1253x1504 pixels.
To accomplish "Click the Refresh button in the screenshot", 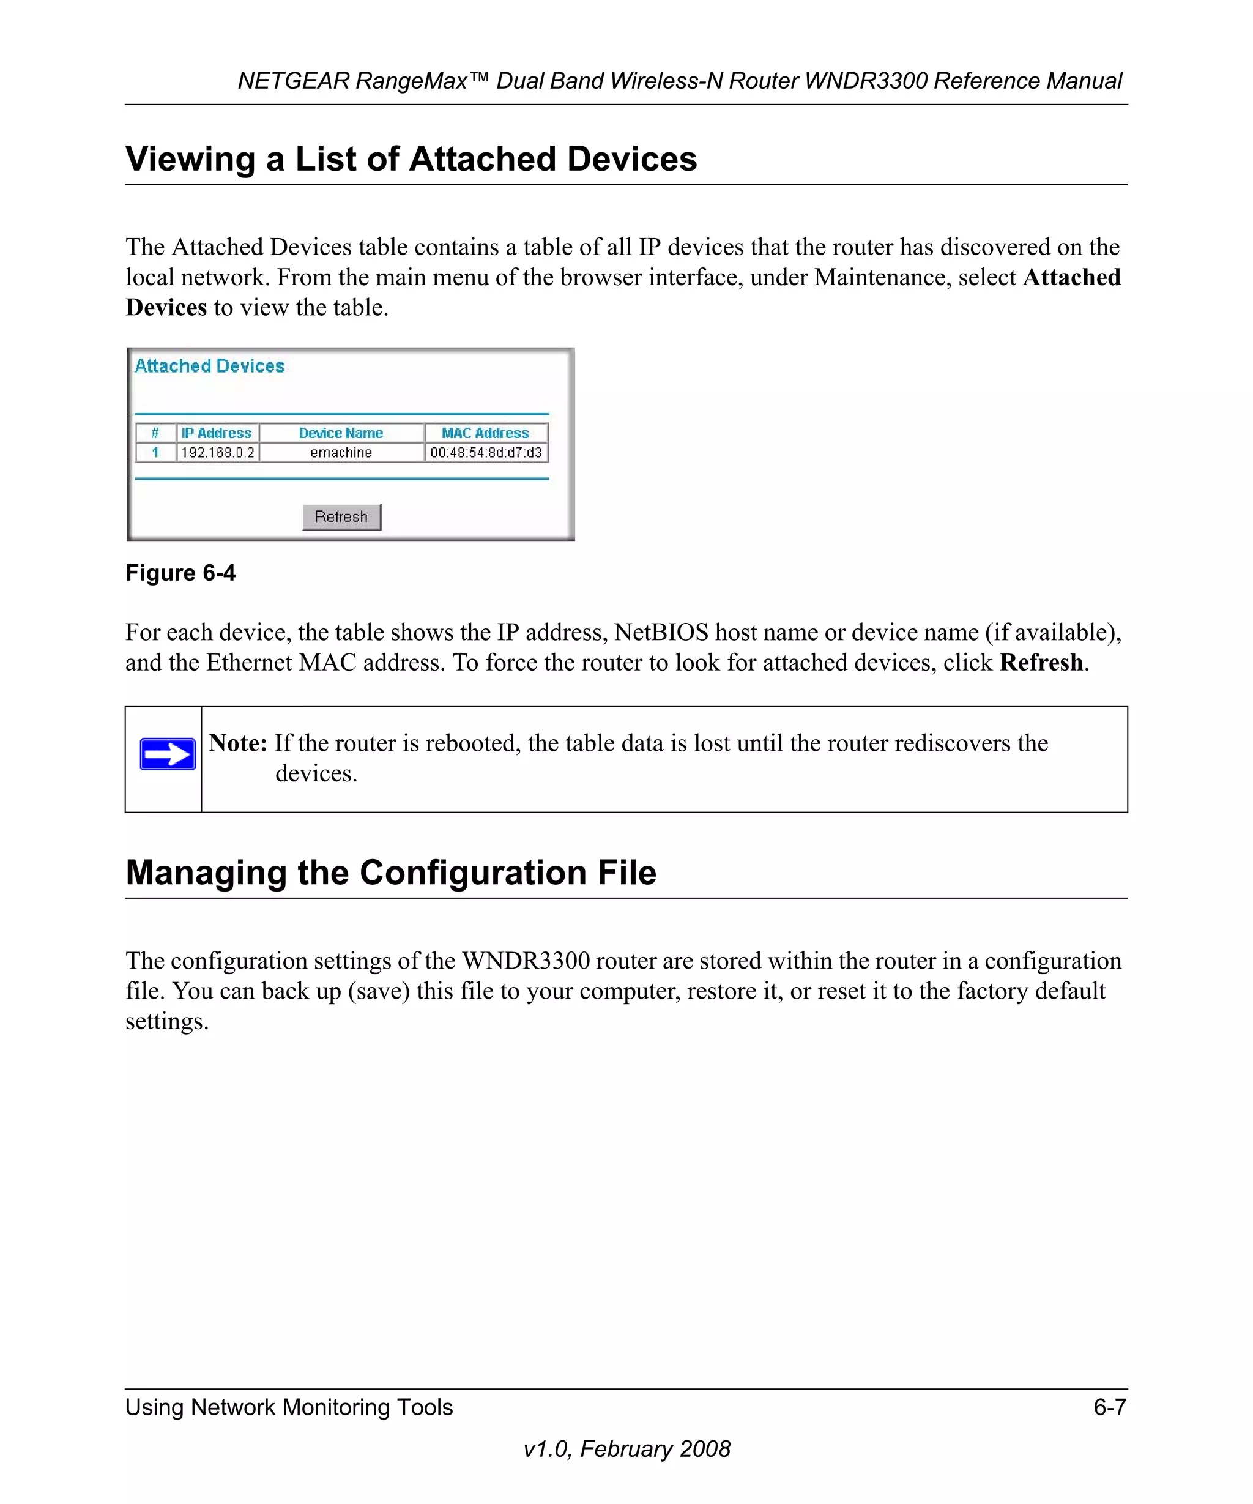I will click(x=341, y=516).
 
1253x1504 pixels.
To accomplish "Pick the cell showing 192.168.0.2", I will click(x=217, y=452).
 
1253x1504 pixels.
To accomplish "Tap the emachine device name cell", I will click(x=341, y=452).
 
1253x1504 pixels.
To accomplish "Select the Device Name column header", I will click(x=341, y=433).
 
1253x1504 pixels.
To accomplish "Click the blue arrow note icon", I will click(x=168, y=754).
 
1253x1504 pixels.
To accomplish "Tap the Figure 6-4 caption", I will click(x=180, y=573).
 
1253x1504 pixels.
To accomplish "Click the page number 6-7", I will click(x=1109, y=1407).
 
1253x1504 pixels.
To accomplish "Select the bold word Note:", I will click(x=238, y=743).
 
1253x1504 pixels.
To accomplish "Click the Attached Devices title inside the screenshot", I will click(x=210, y=366).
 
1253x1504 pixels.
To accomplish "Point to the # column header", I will click(x=155, y=433).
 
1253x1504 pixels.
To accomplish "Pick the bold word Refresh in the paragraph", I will click(x=1041, y=663).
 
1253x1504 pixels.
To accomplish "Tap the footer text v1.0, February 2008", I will click(x=626, y=1449).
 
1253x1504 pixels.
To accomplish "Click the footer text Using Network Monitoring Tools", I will click(x=289, y=1407).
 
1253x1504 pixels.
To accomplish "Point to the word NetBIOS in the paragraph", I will click(x=661, y=633).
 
